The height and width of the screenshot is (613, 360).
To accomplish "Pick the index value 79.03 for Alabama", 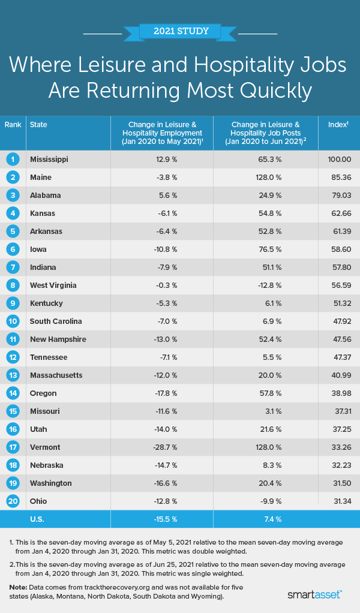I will tap(339, 196).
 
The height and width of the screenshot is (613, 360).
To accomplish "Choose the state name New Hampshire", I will tap(58, 339).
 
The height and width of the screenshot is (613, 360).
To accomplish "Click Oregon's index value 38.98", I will tap(339, 393).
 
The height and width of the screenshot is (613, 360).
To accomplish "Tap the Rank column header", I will tap(13, 125).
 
